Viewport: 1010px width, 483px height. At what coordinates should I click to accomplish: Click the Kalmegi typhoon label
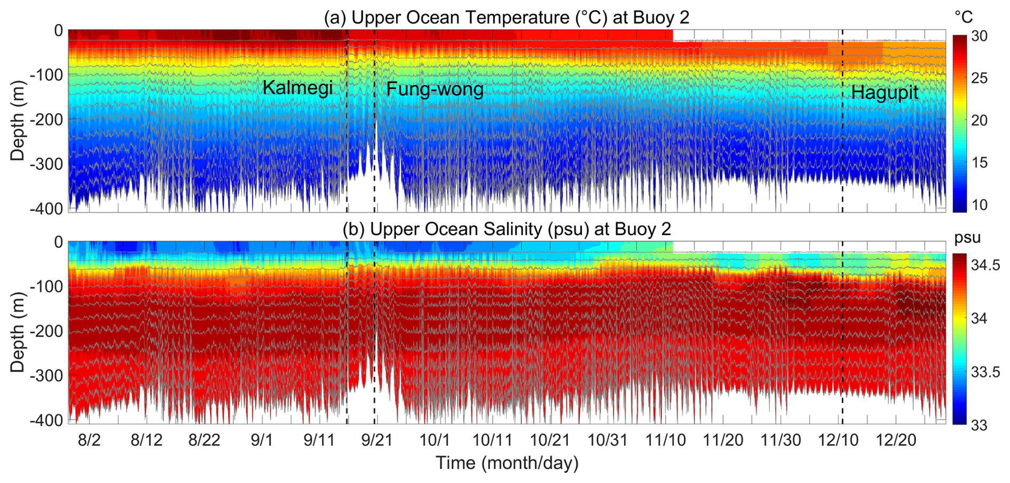297,88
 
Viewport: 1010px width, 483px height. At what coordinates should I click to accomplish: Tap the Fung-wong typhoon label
435,89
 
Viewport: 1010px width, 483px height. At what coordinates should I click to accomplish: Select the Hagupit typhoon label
884,92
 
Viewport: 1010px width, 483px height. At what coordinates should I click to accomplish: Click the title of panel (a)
506,17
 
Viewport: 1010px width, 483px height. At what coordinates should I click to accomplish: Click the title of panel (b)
506,229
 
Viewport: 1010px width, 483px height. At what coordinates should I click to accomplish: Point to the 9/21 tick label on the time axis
376,440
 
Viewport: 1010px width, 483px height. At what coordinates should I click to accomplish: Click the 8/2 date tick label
89,440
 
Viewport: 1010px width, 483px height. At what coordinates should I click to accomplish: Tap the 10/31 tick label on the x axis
607,440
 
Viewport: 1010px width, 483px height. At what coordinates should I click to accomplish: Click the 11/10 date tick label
665,440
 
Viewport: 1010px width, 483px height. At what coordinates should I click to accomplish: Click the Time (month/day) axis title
507,463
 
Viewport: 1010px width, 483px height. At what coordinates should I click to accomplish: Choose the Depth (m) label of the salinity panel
17,332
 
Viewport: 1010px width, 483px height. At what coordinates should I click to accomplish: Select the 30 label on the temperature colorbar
979,36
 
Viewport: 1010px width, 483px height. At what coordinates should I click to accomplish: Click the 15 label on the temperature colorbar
979,162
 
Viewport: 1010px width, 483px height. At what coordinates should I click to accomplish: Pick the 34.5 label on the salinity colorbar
985,265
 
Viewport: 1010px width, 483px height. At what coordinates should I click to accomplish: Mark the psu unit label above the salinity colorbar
967,238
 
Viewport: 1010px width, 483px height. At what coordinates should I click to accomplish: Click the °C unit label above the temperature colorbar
964,18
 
